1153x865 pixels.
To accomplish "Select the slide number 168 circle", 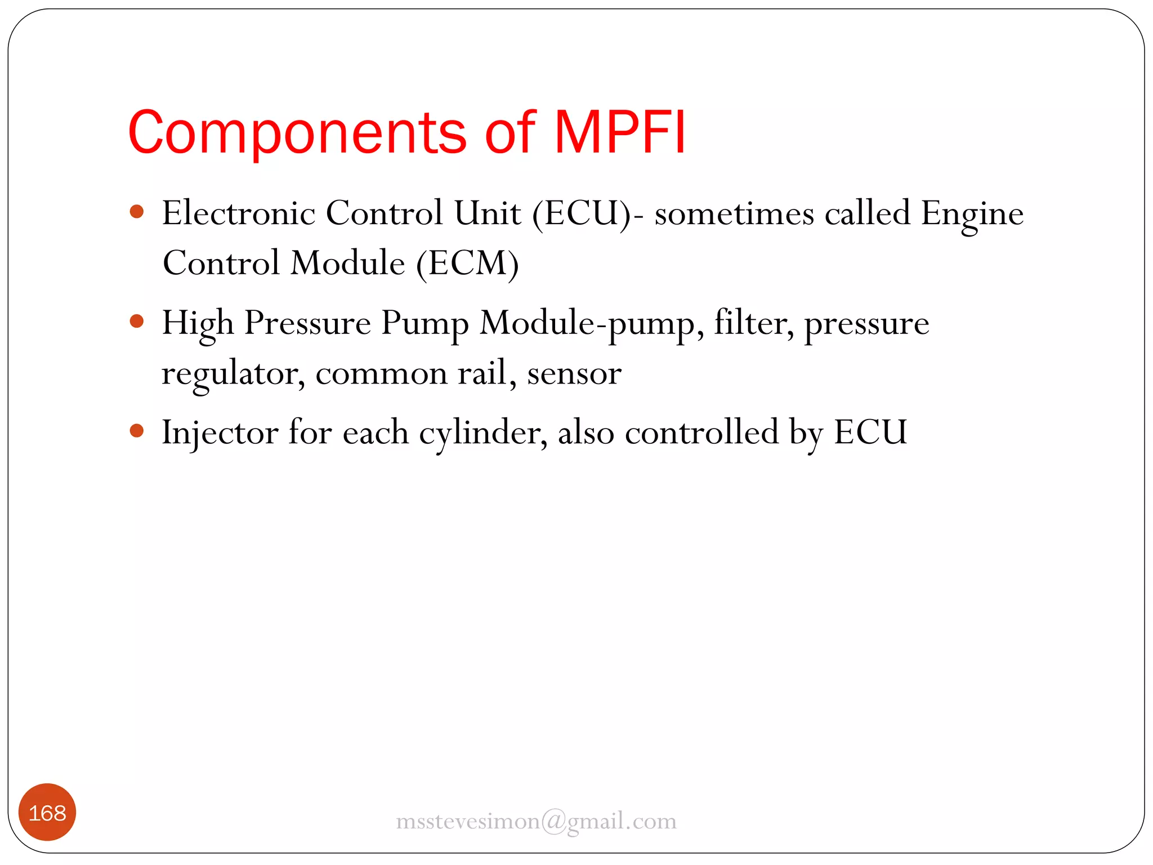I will (47, 812).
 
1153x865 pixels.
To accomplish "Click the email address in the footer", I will (536, 821).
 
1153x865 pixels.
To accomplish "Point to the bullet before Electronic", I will (137, 212).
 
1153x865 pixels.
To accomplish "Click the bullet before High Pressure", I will (137, 322).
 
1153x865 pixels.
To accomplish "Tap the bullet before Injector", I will (137, 431).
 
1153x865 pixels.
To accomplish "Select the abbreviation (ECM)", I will (467, 263).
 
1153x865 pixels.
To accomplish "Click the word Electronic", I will (239, 213).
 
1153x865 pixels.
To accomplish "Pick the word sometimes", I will (734, 214).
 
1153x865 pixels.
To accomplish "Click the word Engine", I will (972, 214).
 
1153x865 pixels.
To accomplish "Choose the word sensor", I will (574, 374).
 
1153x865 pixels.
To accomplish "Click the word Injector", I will (220, 433).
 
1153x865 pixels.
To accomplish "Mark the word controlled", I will (701, 432).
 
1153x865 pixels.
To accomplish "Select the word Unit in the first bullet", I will (488, 213).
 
